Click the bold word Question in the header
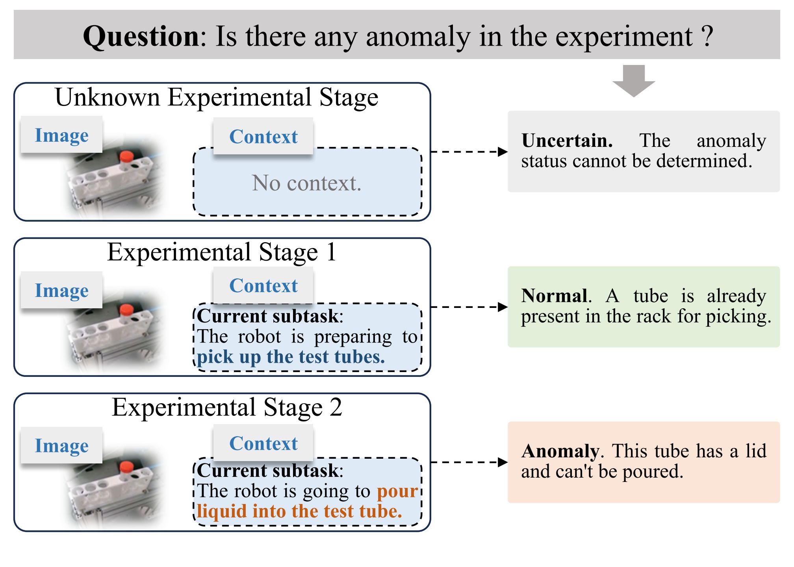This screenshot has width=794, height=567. [141, 37]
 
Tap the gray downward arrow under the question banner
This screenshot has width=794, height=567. [634, 81]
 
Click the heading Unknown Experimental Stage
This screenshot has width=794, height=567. [217, 97]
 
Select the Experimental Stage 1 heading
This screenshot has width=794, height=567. [222, 252]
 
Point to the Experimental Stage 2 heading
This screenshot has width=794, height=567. [227, 407]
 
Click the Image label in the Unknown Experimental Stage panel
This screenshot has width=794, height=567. [61, 135]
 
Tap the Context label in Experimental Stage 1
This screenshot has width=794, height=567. [263, 285]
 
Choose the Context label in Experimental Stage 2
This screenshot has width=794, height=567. [263, 443]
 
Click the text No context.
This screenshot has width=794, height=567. [306, 183]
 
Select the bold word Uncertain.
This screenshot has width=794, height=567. [567, 141]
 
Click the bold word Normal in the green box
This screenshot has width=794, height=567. [554, 296]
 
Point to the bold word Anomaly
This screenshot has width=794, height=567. [560, 451]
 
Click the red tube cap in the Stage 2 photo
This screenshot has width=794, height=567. [126, 467]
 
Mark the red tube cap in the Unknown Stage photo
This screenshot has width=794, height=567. [126, 157]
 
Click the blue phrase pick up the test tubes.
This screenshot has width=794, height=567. [291, 357]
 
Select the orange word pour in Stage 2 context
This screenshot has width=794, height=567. [397, 491]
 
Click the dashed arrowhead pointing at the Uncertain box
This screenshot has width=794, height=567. [503, 152]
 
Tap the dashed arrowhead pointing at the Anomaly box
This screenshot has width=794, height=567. [503, 462]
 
